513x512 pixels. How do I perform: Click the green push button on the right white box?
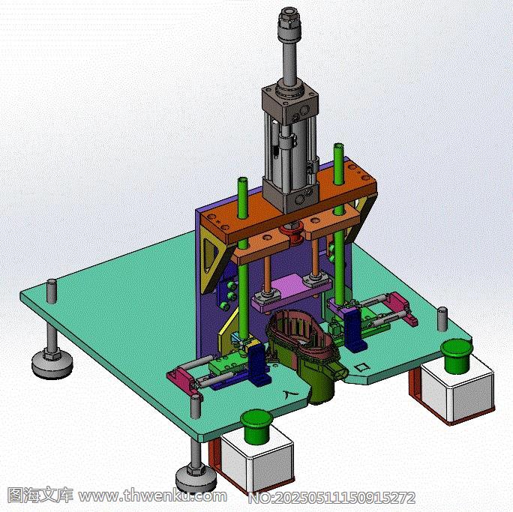[457, 356]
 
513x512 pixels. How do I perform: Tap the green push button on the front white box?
[256, 427]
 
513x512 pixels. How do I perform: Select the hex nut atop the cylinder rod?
[288, 19]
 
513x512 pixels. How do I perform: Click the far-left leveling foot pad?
[52, 362]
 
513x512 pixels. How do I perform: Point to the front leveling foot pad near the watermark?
[196, 478]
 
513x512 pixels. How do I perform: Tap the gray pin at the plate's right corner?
[442, 319]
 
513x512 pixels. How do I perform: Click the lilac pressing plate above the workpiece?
[289, 292]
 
